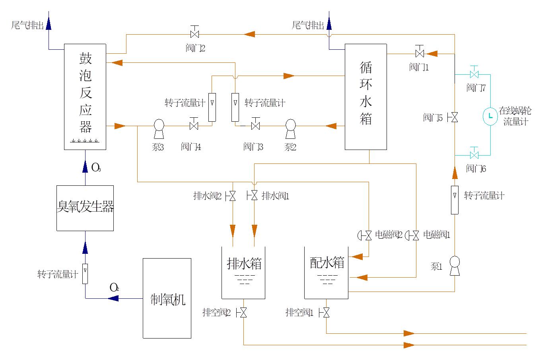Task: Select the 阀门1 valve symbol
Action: pyautogui.click(x=420, y=53)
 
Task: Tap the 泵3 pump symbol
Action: pyautogui.click(x=158, y=126)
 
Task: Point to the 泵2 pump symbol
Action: pyautogui.click(x=290, y=126)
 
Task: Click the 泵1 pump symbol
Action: pyautogui.click(x=454, y=265)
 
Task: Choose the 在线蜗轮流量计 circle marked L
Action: pyautogui.click(x=490, y=116)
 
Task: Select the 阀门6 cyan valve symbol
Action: pyautogui.click(x=474, y=154)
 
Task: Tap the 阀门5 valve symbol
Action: pyautogui.click(x=454, y=117)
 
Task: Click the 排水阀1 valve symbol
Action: pyautogui.click(x=254, y=196)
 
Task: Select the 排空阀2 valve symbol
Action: pyautogui.click(x=243, y=313)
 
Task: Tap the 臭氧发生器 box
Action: pyautogui.click(x=85, y=208)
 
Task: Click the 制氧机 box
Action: pyautogui.click(x=167, y=298)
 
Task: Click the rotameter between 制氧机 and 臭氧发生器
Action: pyautogui.click(x=85, y=274)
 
